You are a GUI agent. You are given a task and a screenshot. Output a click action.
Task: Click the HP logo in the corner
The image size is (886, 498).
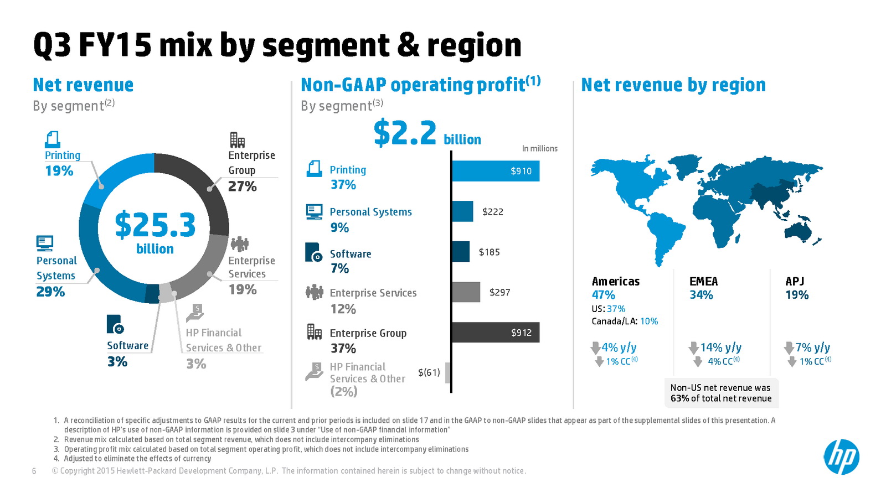841,457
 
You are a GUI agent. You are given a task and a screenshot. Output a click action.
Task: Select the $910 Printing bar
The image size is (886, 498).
496,171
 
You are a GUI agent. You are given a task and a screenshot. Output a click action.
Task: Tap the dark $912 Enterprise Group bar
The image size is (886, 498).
496,333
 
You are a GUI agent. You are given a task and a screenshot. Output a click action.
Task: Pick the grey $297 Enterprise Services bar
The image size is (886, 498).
466,292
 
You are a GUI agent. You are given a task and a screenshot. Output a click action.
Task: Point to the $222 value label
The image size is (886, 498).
492,212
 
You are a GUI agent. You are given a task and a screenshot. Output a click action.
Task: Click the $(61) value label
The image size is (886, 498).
429,372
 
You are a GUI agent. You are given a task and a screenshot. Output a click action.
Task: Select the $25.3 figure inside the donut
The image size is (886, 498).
155,225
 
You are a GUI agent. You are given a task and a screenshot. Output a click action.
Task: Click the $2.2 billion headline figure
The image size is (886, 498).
426,134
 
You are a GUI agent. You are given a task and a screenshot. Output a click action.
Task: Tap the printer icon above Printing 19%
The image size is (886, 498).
53,139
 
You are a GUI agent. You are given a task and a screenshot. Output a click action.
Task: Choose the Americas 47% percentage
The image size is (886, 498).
603,295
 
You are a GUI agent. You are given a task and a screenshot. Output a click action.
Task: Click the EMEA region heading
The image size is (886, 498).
703,282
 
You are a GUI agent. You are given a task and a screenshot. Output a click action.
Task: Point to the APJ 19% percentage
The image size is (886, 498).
797,295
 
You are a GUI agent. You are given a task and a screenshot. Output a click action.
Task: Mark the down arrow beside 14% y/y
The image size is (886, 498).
693,348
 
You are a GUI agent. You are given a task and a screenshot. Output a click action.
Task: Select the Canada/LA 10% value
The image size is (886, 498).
649,321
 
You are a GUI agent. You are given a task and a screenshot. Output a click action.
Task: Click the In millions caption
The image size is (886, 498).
539,149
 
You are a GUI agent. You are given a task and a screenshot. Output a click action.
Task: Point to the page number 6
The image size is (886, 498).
34,471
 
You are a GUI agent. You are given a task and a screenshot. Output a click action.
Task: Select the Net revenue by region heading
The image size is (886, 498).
673,85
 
